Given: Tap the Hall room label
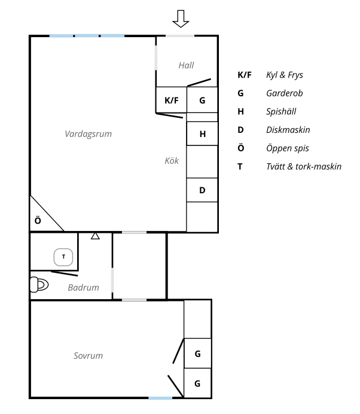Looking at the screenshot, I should tap(187, 65).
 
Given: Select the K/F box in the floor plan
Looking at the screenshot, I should tap(172, 100).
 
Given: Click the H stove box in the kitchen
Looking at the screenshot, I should tap(203, 134).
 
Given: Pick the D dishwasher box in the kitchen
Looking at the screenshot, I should tap(202, 191).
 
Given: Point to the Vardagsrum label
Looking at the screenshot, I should tap(89, 134).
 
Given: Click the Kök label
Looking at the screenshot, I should tap(172, 160).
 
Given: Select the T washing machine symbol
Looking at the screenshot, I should tap(63, 257).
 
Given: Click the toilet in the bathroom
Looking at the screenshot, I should tap(38, 284).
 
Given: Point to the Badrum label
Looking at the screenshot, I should tap(83, 288).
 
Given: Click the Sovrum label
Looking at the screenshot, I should tap(88, 355).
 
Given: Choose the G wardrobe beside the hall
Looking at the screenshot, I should tap(203, 100).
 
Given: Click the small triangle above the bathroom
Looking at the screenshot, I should tap(94, 236).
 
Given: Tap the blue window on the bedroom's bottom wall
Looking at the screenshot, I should tap(160, 398).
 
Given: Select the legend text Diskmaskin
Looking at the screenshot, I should tap(288, 129).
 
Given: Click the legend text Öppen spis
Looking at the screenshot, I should tap(287, 148).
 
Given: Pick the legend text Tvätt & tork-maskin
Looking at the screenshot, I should tap(303, 166).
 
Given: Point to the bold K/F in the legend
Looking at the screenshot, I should tap(245, 75).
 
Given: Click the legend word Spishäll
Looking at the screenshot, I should tap(281, 111).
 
